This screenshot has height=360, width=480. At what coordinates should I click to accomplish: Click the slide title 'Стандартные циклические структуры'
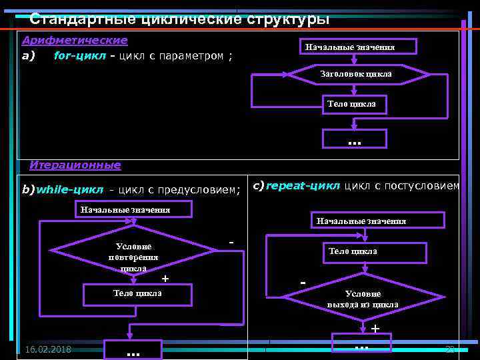click(x=179, y=19)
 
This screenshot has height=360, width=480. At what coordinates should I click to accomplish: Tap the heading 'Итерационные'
click(x=75, y=165)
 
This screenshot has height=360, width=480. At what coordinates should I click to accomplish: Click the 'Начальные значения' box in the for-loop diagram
click(x=359, y=47)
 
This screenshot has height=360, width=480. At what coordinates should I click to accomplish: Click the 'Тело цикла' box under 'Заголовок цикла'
click(x=351, y=104)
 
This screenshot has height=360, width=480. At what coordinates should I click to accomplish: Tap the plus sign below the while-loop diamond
click(x=165, y=277)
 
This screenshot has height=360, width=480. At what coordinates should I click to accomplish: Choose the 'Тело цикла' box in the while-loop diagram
click(x=137, y=294)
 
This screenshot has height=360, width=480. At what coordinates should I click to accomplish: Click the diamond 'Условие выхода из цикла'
click(x=363, y=299)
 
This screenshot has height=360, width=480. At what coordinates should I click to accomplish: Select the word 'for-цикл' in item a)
click(x=79, y=55)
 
